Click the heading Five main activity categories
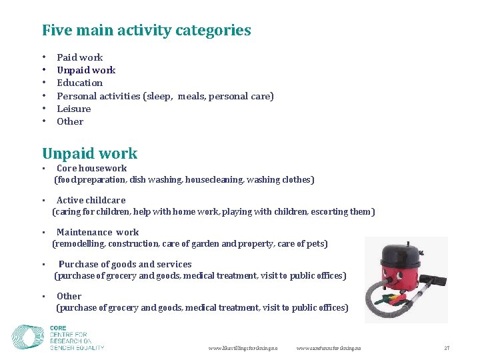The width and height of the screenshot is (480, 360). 146,30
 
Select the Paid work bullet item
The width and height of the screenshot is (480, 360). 79,57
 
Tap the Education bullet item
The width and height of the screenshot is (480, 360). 79,83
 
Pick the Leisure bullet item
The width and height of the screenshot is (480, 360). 73,109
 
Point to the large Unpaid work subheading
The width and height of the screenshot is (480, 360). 89,153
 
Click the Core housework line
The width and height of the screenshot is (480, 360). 91,168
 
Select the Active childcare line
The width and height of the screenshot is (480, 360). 91,200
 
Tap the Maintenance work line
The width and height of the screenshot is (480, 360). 97,232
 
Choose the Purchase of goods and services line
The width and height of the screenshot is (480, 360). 125,264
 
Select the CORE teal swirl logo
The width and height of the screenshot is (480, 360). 29,337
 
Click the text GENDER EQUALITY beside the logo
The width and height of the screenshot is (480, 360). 77,348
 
